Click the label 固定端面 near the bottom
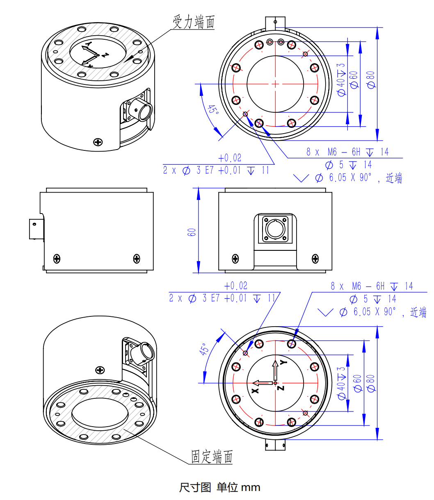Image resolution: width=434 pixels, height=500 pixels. point(212,456)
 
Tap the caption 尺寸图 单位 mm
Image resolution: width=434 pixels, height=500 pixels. point(219,487)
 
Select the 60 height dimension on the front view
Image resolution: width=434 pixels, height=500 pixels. point(192,232)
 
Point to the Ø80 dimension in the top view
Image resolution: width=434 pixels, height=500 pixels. point(371,80)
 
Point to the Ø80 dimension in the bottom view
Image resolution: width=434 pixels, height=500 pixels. point(371,384)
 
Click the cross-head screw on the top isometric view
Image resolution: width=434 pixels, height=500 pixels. point(98,142)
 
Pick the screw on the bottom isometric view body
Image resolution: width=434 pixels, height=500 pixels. point(100,370)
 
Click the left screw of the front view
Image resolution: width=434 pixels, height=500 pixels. point(235,258)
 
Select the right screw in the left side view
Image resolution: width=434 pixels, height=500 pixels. point(137,258)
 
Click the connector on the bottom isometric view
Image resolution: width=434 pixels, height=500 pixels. point(146,351)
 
